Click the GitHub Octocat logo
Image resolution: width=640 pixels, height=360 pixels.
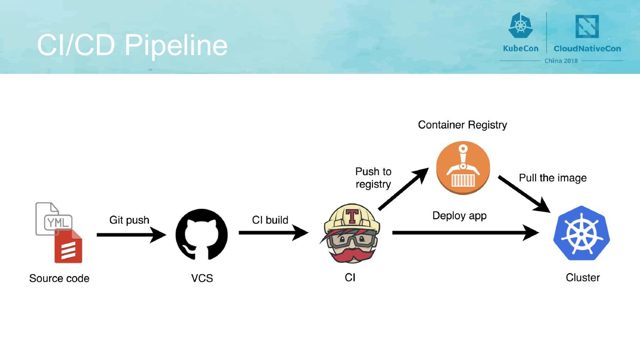click(202, 235)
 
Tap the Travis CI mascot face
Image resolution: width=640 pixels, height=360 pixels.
click(351, 240)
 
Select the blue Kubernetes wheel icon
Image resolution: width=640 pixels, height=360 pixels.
click(581, 233)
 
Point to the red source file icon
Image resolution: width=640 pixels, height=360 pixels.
click(68, 247)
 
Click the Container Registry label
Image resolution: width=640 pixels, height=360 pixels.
click(462, 125)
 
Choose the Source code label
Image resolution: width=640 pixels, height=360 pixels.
click(59, 278)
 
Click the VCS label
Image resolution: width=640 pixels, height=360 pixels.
click(202, 278)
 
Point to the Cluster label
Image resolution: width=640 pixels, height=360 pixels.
click(583, 277)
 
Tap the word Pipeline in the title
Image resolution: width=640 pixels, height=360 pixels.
click(176, 45)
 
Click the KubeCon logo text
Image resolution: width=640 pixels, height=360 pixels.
click(520, 48)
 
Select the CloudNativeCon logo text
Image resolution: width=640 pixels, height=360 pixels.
click(587, 48)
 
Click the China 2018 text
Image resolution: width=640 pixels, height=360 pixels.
click(561, 60)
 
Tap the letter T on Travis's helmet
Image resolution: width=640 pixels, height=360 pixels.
click(352, 215)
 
